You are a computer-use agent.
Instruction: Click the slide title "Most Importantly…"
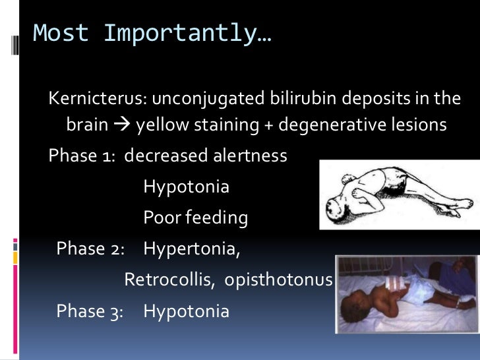(152, 34)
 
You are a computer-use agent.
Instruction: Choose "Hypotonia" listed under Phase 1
(186, 187)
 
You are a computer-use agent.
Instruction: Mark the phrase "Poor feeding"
(195, 218)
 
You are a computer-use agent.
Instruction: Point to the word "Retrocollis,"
(169, 280)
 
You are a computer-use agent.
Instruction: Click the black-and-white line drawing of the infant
(399, 195)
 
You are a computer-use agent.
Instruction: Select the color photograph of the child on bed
(407, 295)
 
